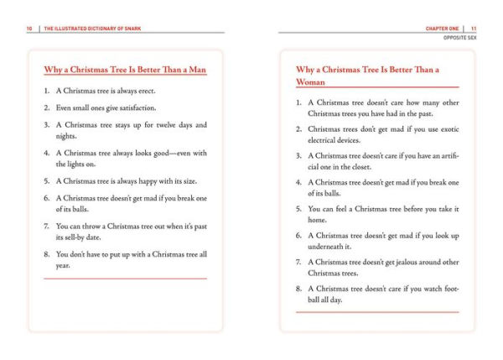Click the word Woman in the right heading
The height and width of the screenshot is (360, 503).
(x=310, y=82)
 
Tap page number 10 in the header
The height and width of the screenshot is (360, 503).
(x=29, y=28)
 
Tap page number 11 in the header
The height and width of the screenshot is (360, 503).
(x=474, y=28)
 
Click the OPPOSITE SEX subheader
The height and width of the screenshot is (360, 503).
(x=460, y=38)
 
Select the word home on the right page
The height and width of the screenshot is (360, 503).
(x=319, y=219)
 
